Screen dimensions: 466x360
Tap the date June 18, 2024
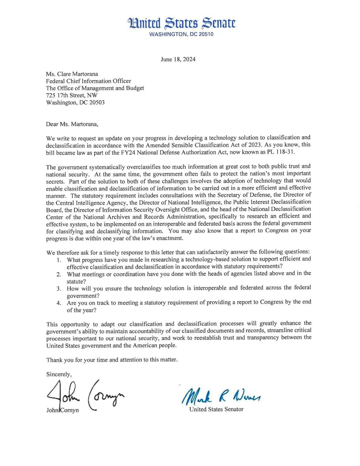coord(178,59)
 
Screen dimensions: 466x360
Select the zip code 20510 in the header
coord(206,34)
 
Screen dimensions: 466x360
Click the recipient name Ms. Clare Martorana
coord(72,74)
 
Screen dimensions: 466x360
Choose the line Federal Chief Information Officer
coord(89,81)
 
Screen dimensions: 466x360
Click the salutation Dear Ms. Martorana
coord(72,124)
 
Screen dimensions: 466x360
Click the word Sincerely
coord(59,374)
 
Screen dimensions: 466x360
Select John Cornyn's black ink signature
coord(85,395)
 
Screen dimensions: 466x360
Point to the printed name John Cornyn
coord(62,410)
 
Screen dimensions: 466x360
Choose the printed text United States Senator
coord(216,409)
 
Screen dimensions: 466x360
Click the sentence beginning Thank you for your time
coord(112,360)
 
